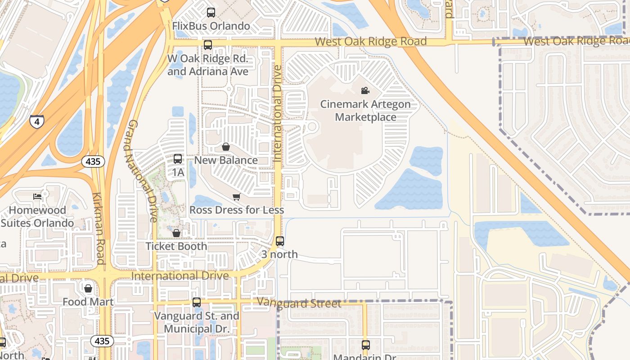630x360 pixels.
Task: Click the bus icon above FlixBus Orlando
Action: click(x=211, y=13)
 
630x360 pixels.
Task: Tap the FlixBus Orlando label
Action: click(x=211, y=26)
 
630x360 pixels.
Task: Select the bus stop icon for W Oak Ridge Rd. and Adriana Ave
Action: click(x=207, y=45)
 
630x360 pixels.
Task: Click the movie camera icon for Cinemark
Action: click(x=365, y=91)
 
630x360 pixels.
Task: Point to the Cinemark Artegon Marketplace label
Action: click(x=365, y=111)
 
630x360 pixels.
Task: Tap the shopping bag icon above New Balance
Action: click(x=226, y=147)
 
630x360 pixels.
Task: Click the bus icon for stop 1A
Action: click(x=178, y=159)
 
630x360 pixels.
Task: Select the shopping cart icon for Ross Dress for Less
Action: click(x=236, y=197)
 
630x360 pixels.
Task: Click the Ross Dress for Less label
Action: click(x=237, y=210)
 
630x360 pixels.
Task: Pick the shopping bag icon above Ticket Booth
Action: click(x=176, y=233)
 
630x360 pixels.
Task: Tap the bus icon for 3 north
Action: click(x=280, y=241)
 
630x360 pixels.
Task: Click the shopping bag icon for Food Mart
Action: click(x=88, y=288)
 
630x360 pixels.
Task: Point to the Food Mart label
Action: click(x=88, y=301)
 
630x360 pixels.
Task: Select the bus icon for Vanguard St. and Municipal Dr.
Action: click(x=197, y=302)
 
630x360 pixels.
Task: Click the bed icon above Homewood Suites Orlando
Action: click(x=37, y=197)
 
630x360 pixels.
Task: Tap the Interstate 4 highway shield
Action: click(x=37, y=121)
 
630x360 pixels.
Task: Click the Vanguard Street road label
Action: click(x=299, y=303)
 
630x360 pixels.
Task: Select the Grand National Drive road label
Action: click(x=141, y=171)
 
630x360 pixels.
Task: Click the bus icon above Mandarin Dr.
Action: click(x=366, y=345)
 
